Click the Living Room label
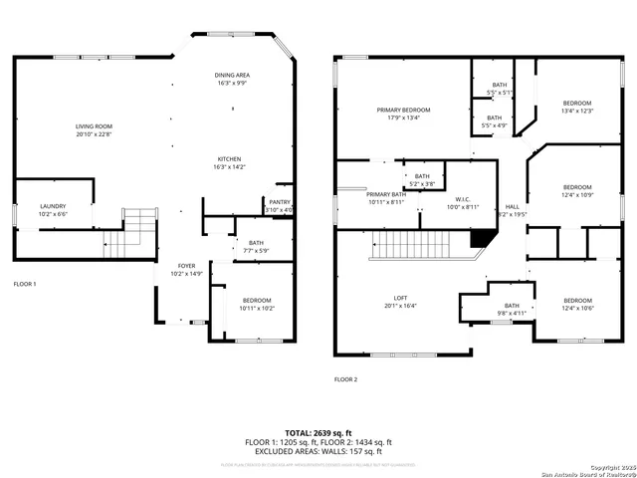[95, 126]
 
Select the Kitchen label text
[230, 159]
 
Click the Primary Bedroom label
[403, 109]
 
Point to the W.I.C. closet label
[460, 199]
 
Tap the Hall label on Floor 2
[512, 207]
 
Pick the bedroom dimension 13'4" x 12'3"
[577, 111]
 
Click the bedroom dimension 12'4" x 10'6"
[577, 309]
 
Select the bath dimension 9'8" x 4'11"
[512, 314]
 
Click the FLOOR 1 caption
[24, 284]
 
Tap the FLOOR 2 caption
[345, 379]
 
